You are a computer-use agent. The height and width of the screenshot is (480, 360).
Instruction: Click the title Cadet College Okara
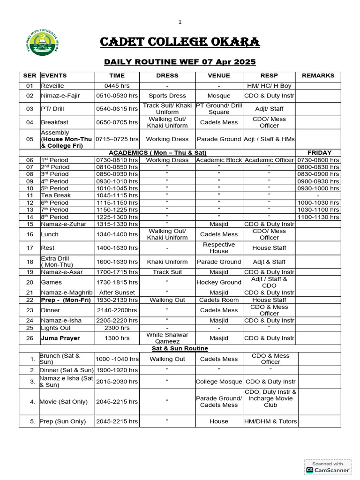pos(180,43)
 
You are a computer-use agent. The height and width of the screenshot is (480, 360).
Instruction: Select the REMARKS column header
pos(318,75)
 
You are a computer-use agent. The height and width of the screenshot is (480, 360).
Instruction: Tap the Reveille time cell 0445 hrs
pos(117,86)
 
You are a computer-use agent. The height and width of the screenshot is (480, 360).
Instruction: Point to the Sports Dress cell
pos(167,96)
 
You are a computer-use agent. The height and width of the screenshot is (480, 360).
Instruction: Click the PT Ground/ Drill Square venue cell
pos(219,109)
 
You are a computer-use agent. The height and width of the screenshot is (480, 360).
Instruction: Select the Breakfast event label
pos(54,122)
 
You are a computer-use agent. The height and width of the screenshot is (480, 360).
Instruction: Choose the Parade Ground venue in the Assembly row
pos(219,139)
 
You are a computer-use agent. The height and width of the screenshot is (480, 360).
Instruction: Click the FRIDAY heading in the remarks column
pos(319,153)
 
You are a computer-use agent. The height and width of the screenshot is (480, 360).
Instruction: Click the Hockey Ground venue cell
pos(219,282)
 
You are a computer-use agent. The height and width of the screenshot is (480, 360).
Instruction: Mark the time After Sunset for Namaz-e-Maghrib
pos(117,292)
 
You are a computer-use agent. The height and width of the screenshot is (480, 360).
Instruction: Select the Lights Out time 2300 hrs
pos(117,328)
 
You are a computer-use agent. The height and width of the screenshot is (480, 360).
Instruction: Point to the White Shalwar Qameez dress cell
pos(167,338)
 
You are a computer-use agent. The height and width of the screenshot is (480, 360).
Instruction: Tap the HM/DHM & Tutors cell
pos(270,421)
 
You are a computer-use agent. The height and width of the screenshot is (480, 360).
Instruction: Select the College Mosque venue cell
pos(219,382)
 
